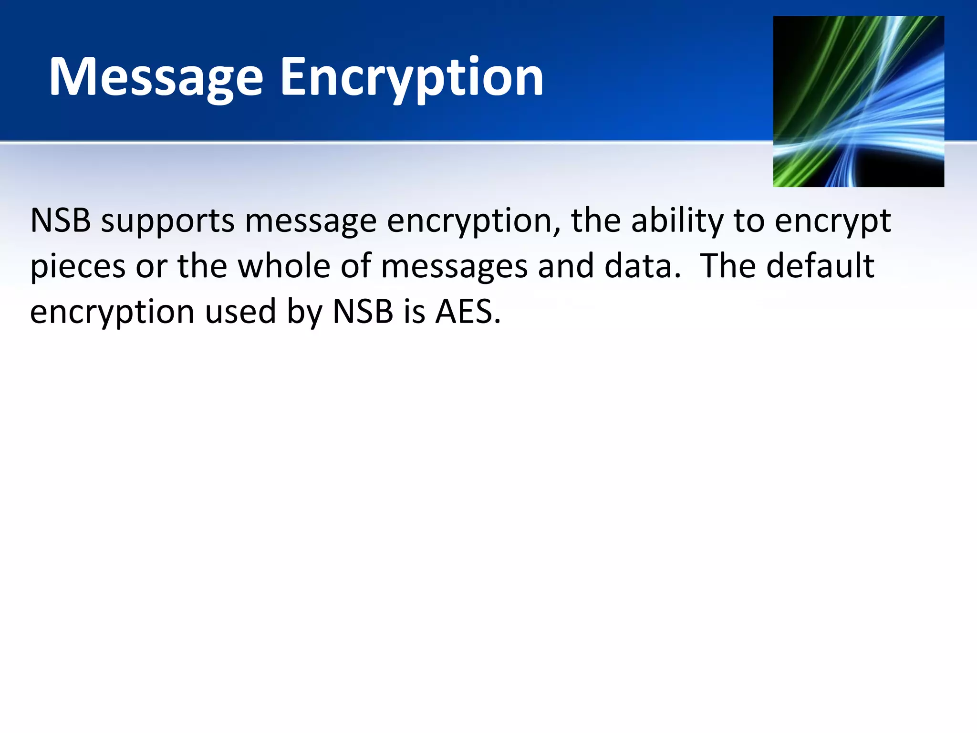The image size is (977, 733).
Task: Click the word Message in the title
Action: [x=156, y=77]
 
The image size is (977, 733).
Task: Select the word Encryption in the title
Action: [x=411, y=77]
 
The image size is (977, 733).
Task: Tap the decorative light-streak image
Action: [x=858, y=101]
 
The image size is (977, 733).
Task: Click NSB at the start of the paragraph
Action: [x=61, y=220]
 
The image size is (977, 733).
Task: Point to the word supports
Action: [x=167, y=221]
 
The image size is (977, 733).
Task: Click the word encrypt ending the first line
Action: [x=832, y=221]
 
